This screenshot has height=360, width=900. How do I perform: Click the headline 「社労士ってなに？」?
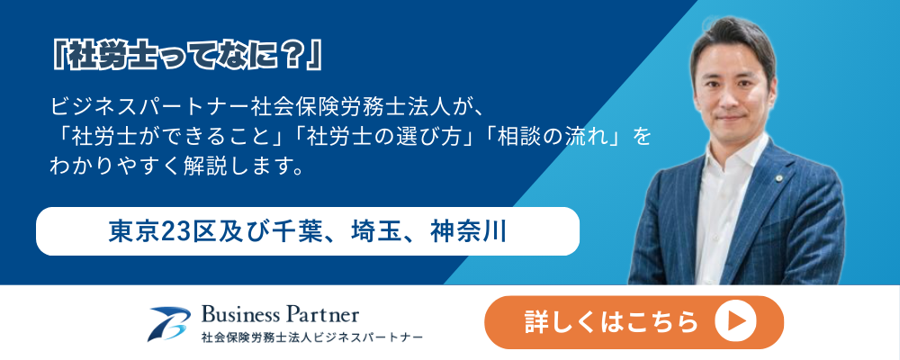click(x=186, y=57)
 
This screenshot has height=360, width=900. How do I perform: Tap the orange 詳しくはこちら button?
click(x=634, y=322)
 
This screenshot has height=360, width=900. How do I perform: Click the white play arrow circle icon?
click(x=735, y=321)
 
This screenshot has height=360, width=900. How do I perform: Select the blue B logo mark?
click(x=169, y=324)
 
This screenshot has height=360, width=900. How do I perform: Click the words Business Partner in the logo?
click(x=280, y=314)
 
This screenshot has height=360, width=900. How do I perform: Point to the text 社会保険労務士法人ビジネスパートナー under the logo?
click(x=311, y=337)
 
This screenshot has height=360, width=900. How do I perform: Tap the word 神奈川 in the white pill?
click(x=468, y=231)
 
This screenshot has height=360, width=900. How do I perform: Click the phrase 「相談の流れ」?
click(x=550, y=137)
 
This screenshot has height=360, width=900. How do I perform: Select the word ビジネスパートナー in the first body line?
click(x=149, y=107)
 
